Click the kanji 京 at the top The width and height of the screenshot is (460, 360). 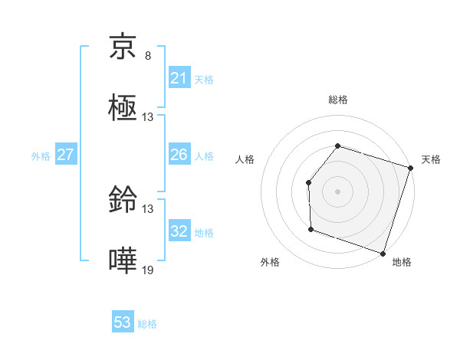click(x=123, y=50)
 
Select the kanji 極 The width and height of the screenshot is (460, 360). click(x=123, y=110)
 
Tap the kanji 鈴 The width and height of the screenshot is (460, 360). click(x=123, y=201)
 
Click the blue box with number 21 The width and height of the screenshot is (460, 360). click(x=179, y=78)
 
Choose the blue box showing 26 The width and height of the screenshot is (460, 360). click(x=179, y=155)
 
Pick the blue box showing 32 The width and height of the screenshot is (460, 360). click(x=179, y=231)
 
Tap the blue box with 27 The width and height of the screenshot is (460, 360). click(x=65, y=155)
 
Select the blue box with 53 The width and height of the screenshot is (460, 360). click(x=123, y=322)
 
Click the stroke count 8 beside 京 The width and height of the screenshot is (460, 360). click(x=148, y=56)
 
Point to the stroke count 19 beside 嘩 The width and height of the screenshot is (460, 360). click(x=148, y=270)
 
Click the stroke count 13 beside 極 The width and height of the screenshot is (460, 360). click(x=148, y=117)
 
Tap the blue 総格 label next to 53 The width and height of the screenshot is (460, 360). click(x=147, y=324)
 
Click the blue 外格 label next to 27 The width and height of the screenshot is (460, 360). click(x=41, y=156)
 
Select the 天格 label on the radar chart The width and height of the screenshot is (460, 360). click(x=431, y=159)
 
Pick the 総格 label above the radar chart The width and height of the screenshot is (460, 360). click(x=337, y=100)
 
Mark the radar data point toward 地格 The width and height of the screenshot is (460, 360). click(x=383, y=253)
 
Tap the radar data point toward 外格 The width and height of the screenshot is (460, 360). click(x=311, y=228)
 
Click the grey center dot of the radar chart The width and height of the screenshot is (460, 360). click(x=337, y=191)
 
